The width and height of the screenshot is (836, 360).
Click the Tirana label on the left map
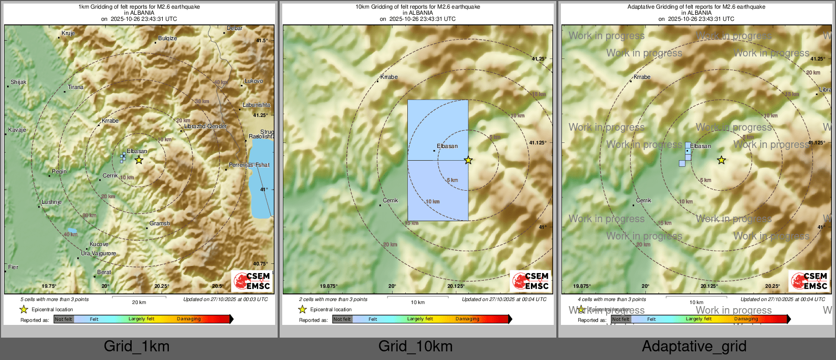[x=75, y=87]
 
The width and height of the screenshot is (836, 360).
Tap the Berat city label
[x=104, y=273]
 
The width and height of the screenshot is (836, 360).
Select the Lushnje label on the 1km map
[x=51, y=202]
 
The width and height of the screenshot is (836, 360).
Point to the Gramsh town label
[x=159, y=224]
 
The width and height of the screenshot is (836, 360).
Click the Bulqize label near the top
[x=167, y=39]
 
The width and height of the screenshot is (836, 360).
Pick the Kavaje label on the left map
[x=17, y=130]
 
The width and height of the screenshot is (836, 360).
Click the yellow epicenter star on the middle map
[x=468, y=160]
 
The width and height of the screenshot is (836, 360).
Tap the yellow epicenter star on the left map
[x=139, y=160]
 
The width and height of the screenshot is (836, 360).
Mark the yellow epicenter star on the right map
[x=721, y=160]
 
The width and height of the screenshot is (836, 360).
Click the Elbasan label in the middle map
[x=447, y=146]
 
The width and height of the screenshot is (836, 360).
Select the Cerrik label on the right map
[x=643, y=201]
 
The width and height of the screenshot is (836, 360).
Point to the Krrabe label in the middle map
[x=389, y=77]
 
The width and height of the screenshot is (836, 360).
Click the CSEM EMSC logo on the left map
[x=252, y=281]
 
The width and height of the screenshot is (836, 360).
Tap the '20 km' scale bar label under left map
[x=139, y=303]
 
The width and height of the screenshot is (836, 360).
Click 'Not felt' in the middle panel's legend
[x=342, y=319]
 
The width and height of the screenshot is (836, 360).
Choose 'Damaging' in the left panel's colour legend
[x=189, y=319]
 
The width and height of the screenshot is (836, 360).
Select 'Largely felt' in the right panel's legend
[x=698, y=319]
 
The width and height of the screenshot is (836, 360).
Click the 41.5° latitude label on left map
[x=261, y=41]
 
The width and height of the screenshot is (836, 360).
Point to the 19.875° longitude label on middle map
[x=328, y=286]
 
